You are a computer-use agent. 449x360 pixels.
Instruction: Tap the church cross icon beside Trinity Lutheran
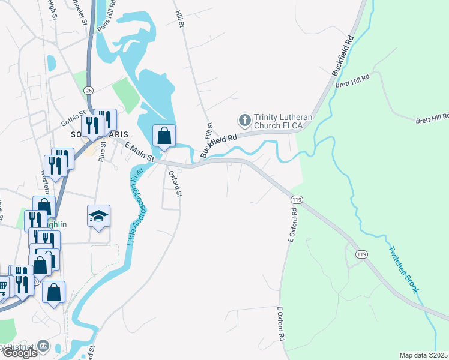pos(244,121)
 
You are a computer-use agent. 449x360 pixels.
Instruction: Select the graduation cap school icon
pos(99,217)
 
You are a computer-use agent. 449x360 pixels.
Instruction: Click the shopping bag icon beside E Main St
pos(164,136)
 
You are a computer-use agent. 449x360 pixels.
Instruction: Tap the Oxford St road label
pos(175,184)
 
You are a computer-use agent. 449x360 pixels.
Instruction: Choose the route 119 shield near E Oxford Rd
pos(296,199)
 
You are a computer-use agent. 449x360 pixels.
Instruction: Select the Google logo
pos(20,353)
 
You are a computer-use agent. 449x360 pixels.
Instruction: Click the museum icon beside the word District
pos(43,346)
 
